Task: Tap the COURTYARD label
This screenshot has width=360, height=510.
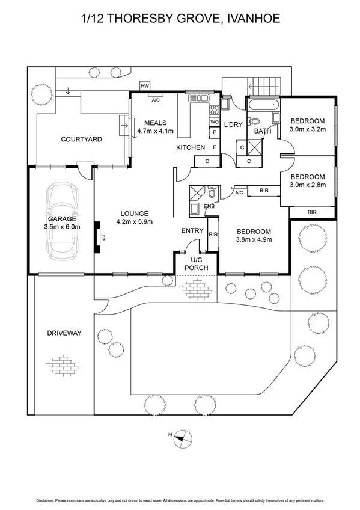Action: tap(81, 140)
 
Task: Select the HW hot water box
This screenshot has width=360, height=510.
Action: tap(145, 87)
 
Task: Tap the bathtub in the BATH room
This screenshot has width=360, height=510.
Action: tap(263, 111)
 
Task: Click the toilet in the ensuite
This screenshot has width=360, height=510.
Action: tap(212, 194)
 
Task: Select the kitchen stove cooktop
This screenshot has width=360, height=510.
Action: tap(214, 111)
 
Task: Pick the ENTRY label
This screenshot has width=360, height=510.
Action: tap(192, 230)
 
